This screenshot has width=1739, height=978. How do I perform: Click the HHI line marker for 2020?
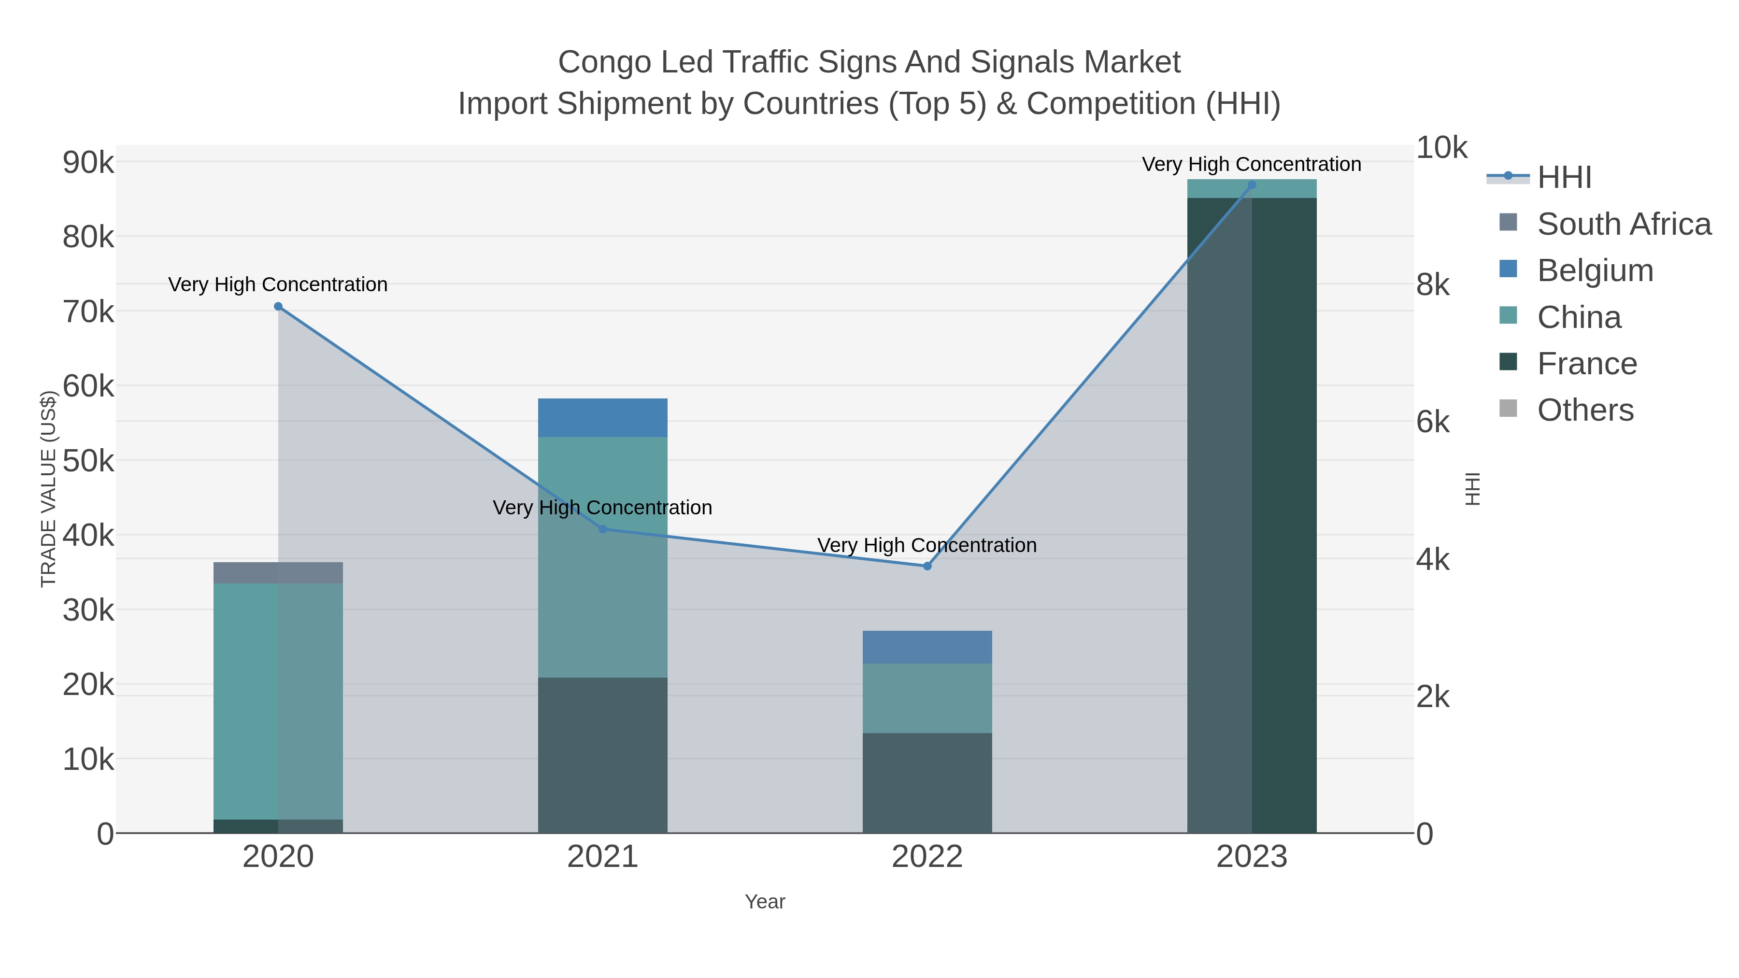click(x=278, y=306)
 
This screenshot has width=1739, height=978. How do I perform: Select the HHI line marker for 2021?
click(x=603, y=529)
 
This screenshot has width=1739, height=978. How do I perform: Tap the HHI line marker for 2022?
click(x=927, y=567)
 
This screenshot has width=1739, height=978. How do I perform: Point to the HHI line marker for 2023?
click(x=1252, y=185)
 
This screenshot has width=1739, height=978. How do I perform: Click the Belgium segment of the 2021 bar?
click(x=602, y=418)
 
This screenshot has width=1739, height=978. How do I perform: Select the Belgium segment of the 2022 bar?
click(x=927, y=647)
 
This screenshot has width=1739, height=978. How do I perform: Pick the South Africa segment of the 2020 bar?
click(x=278, y=572)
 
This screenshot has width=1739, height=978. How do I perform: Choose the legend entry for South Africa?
click(x=1624, y=224)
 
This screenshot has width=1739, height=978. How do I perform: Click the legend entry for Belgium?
click(x=1595, y=270)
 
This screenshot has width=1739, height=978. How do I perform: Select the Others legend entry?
click(x=1585, y=411)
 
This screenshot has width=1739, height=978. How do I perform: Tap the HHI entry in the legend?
click(x=1564, y=178)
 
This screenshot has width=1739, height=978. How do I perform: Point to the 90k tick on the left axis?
click(x=88, y=163)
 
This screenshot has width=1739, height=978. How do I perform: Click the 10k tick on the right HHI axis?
click(x=1441, y=148)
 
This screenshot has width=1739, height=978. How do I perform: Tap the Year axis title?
click(x=765, y=902)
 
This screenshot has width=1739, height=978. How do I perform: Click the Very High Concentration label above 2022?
click(x=927, y=545)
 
